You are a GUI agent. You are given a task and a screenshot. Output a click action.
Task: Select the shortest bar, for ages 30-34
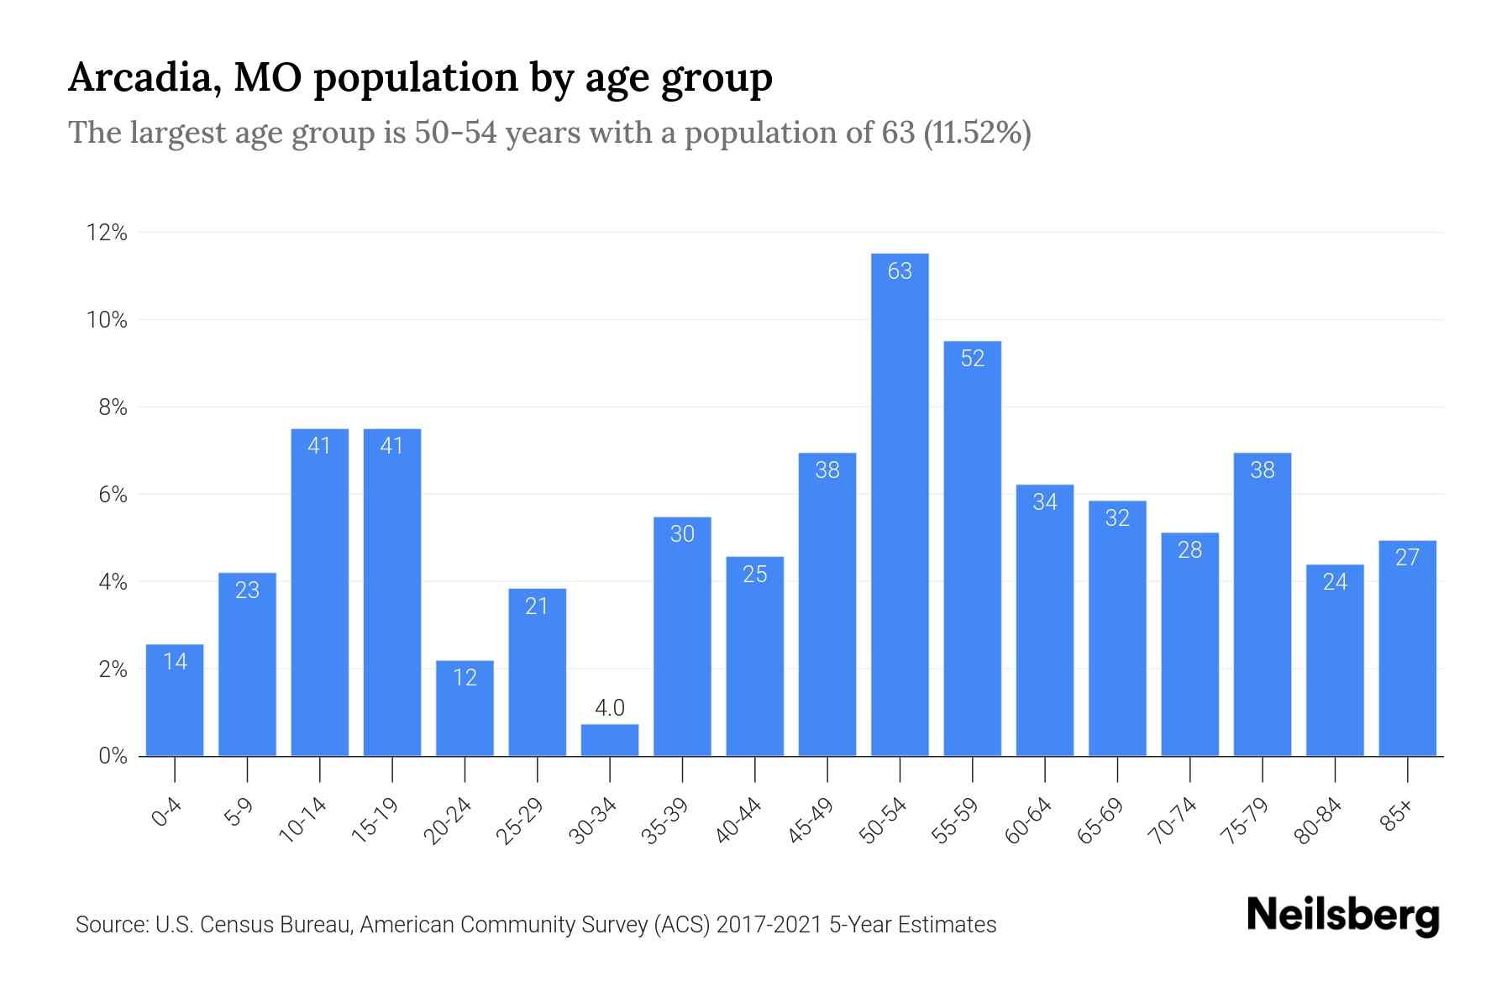coord(610,741)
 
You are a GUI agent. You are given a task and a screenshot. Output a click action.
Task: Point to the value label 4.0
coord(610,708)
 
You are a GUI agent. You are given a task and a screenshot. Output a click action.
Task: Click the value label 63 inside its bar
coord(900,270)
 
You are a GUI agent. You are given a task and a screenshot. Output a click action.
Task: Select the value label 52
coord(972,359)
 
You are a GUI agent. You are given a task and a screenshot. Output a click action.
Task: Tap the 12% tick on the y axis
coord(108,233)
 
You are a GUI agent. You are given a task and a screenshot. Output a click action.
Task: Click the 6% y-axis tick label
coord(113,495)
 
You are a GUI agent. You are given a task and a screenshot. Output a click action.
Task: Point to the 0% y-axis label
coord(113,756)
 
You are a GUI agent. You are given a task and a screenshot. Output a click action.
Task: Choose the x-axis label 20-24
coord(448,821)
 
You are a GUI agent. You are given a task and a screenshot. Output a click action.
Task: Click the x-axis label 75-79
coord(1246,821)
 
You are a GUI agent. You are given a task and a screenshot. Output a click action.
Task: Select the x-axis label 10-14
coord(302,821)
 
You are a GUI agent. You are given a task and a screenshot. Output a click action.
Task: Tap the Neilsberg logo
coord(1342,916)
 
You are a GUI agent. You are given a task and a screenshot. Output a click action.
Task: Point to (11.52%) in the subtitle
coord(977,133)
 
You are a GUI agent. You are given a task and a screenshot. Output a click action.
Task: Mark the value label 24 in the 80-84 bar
coord(1335,581)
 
